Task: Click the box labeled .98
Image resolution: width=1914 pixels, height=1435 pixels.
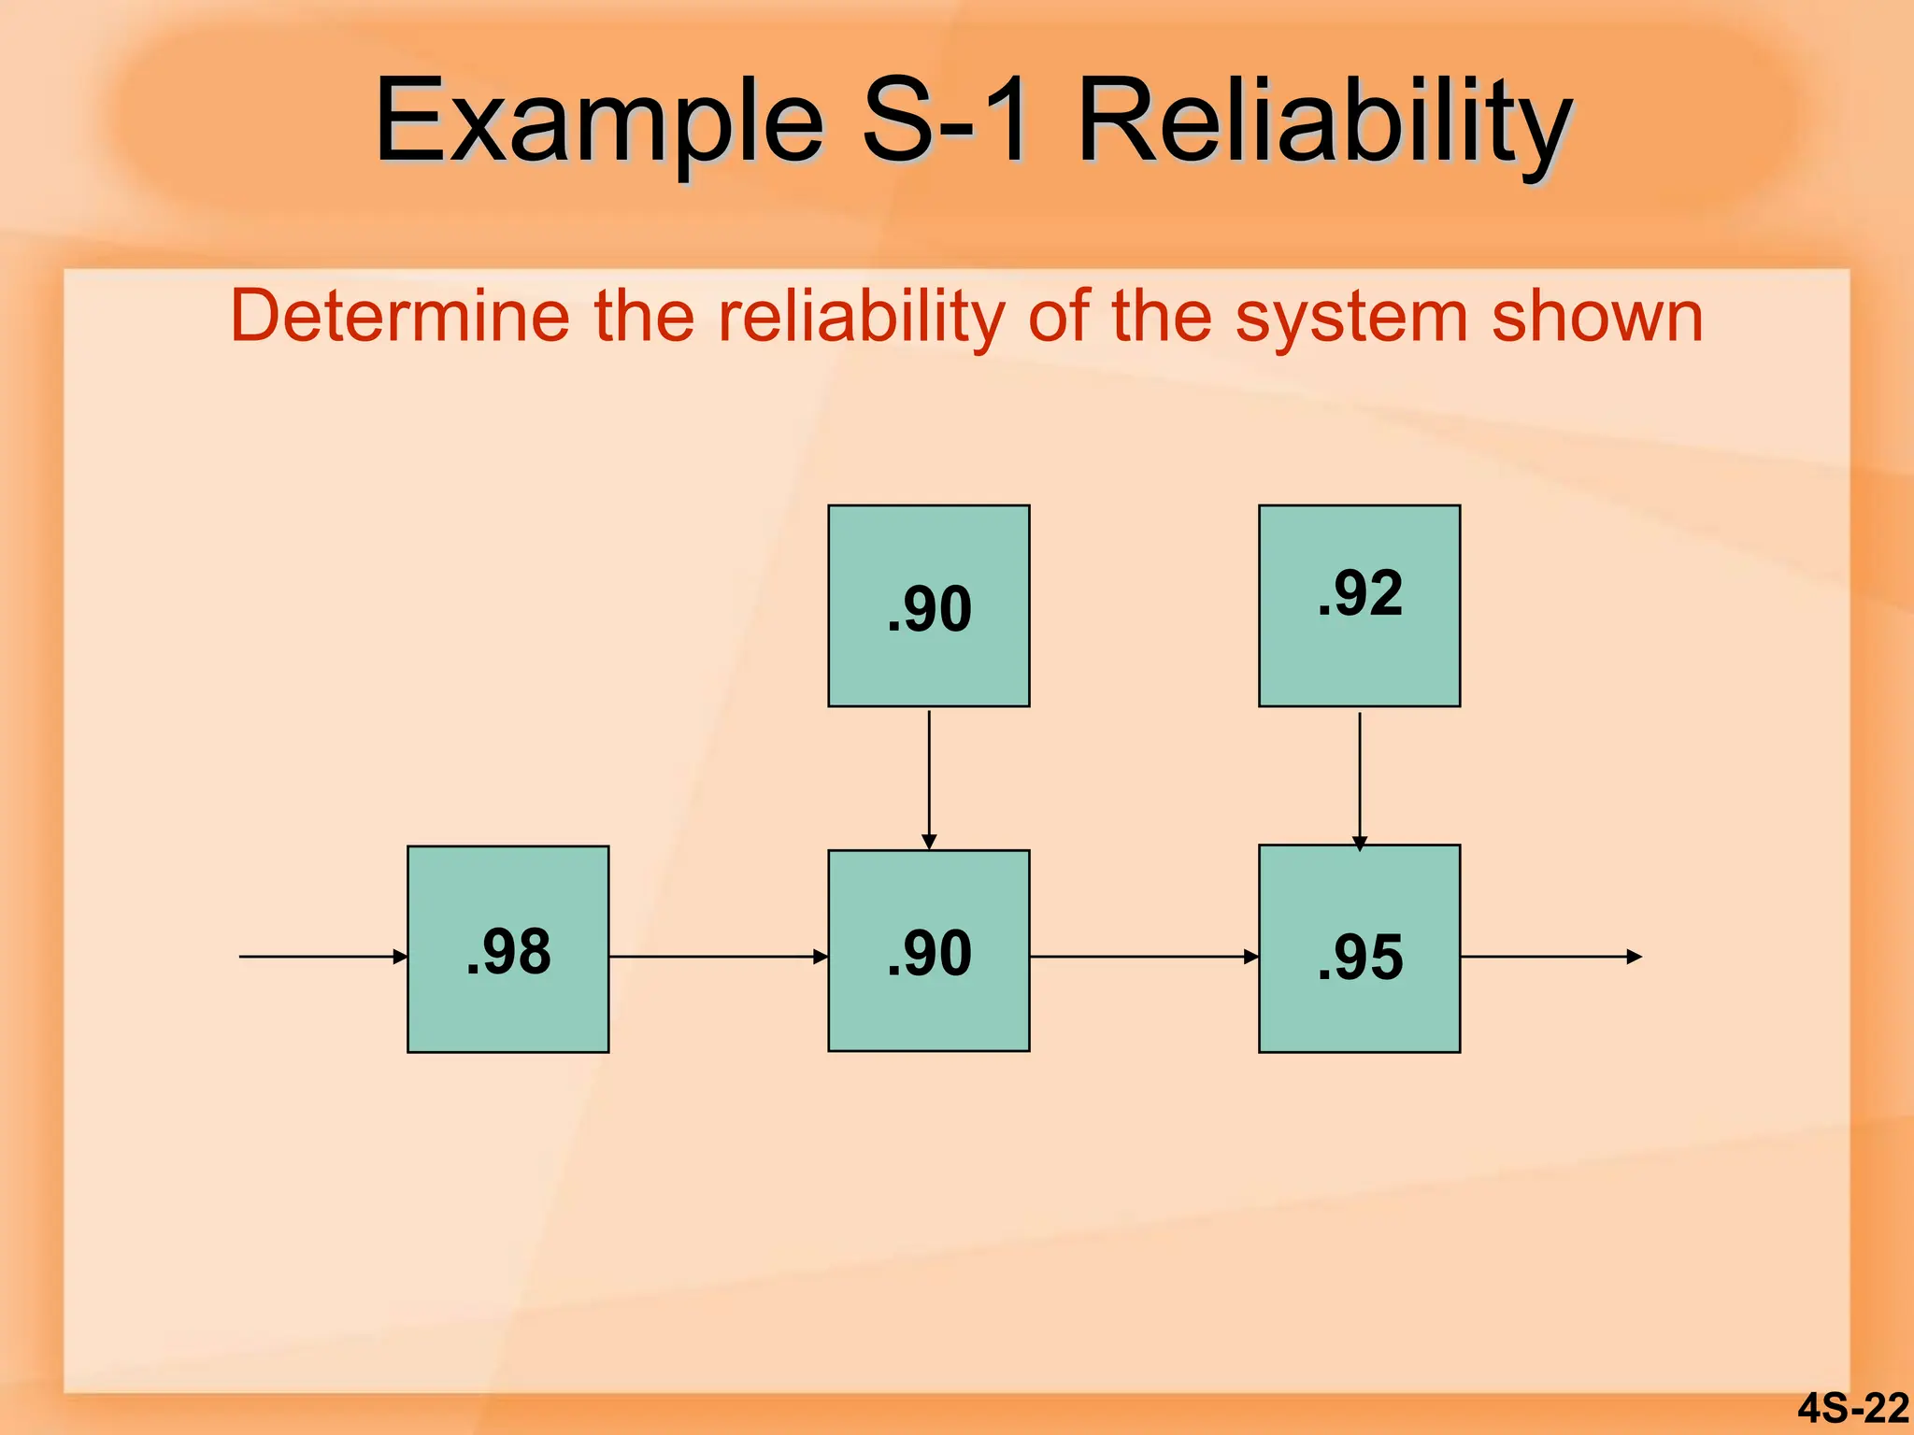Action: tap(507, 949)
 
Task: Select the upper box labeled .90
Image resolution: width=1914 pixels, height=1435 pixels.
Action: tap(928, 605)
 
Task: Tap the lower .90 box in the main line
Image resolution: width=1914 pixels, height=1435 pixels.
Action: tap(928, 951)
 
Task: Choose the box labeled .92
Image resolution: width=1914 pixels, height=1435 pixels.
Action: tap(1359, 605)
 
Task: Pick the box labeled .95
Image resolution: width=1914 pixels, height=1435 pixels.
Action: tap(1359, 949)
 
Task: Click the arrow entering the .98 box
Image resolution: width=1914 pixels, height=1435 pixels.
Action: tap(322, 957)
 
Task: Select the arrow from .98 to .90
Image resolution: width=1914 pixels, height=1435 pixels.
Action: tap(718, 957)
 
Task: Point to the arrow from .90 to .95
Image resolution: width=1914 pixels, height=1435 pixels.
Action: tap(1144, 957)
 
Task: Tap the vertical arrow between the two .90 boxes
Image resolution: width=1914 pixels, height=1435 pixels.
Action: tap(929, 777)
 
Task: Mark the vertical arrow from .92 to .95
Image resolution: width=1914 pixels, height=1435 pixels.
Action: tap(1360, 779)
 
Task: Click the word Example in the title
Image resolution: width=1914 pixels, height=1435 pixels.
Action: tap(598, 121)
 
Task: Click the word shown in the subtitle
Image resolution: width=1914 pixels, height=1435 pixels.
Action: tap(1597, 316)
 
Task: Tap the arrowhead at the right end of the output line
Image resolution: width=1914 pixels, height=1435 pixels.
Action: tap(1635, 957)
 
